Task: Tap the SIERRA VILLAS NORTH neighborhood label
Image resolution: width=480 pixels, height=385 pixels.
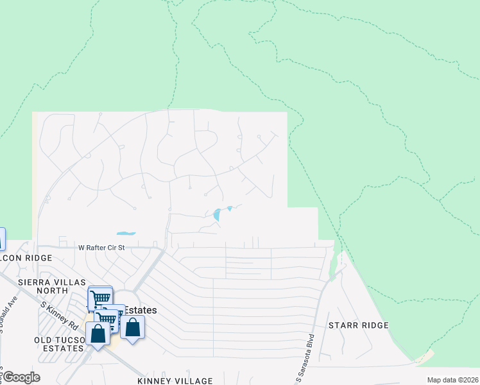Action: tap(44, 286)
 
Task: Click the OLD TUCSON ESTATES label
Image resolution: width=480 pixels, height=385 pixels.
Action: tap(60, 343)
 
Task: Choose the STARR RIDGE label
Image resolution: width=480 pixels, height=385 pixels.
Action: tap(359, 325)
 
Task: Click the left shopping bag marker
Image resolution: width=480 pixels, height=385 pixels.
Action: tap(98, 334)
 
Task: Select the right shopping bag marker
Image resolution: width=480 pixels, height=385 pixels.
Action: tap(132, 327)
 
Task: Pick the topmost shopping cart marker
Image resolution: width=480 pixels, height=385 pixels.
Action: tap(100, 298)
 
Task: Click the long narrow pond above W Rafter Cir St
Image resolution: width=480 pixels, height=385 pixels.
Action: tap(126, 233)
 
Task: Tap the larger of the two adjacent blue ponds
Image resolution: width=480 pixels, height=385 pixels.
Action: tap(217, 215)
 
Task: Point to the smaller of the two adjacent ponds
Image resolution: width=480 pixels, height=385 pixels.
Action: tap(229, 208)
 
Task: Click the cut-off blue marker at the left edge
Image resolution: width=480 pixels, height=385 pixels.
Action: tap(2, 239)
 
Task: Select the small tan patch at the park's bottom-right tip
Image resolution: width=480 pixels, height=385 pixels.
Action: tap(425, 357)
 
